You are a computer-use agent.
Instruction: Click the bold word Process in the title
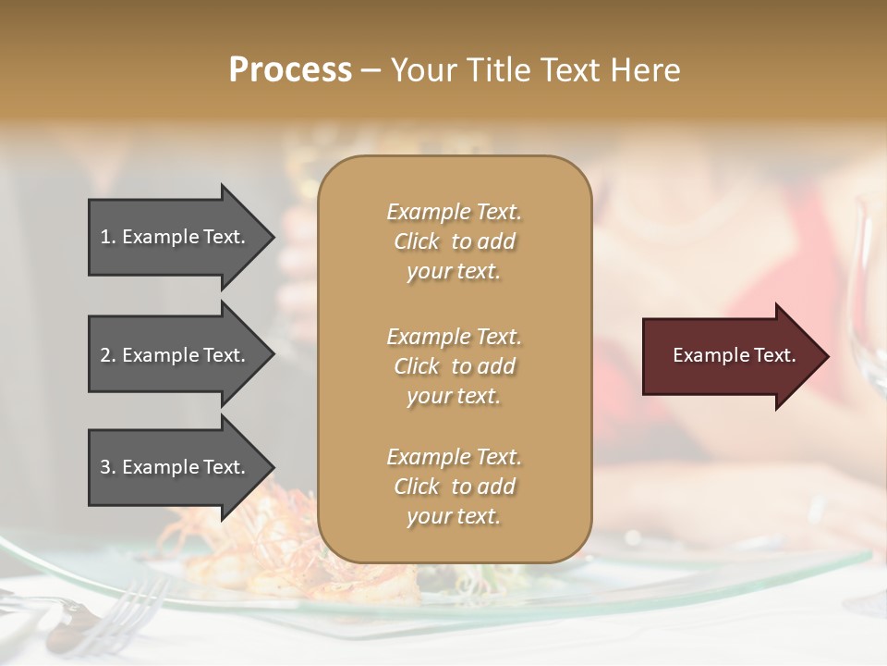pos(290,70)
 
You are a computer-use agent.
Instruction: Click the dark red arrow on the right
pos(721,356)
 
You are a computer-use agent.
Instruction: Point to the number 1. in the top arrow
pos(108,237)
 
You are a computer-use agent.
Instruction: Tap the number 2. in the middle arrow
pos(108,355)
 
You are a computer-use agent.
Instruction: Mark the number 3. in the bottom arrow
pos(108,467)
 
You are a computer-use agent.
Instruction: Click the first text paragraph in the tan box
pos(454,241)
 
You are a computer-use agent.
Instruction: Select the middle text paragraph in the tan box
pos(454,365)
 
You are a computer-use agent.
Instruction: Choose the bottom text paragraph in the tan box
pos(454,487)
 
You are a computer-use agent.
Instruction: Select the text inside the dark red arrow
pos(734,355)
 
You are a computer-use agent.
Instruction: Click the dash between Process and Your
pos(371,70)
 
